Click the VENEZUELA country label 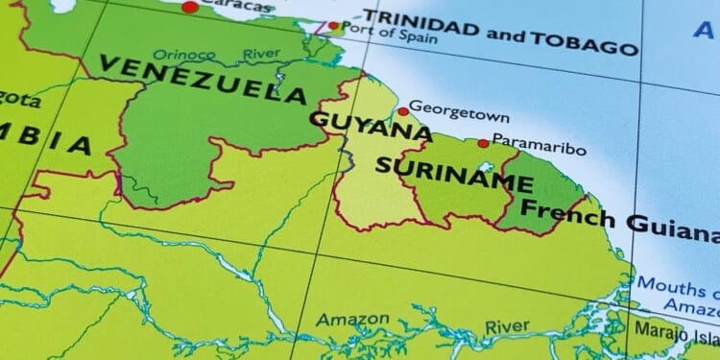click(x=202, y=80)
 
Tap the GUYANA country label click(x=370, y=125)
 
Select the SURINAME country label click(x=454, y=174)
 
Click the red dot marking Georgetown click(x=403, y=111)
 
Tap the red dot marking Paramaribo click(x=483, y=144)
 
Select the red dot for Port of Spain click(x=333, y=26)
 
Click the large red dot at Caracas click(x=190, y=7)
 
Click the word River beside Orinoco click(x=262, y=55)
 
